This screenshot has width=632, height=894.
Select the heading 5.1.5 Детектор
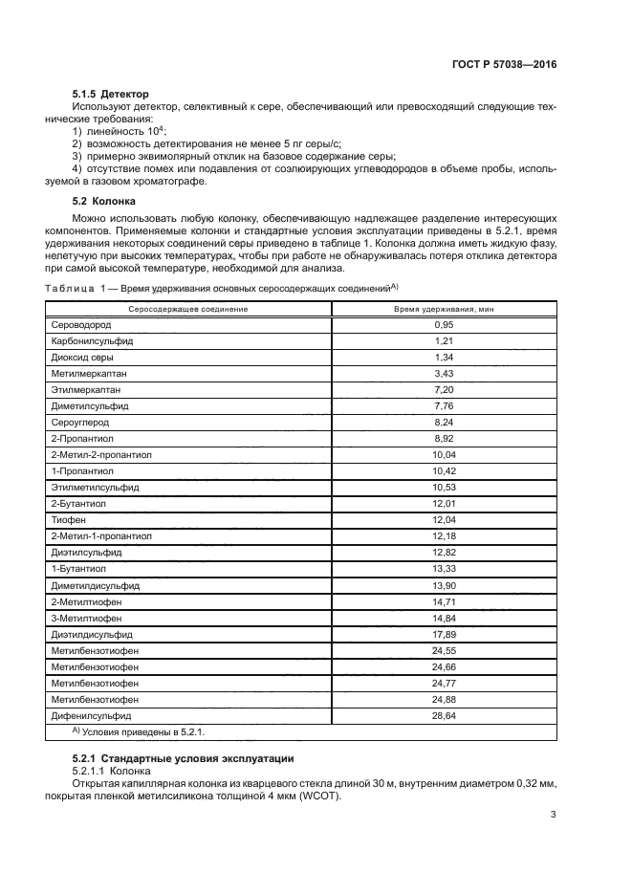[x=110, y=95]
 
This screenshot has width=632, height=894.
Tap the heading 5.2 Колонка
[x=105, y=202]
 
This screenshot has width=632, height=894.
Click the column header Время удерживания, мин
[x=444, y=309]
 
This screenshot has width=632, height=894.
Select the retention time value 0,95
[x=444, y=325]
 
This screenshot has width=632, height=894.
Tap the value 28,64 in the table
[x=444, y=714]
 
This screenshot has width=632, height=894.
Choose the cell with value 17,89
[x=444, y=633]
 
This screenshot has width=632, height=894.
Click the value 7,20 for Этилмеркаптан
[x=444, y=390]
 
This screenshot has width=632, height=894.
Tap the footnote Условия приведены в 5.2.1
[x=141, y=731]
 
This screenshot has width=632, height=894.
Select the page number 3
[x=554, y=815]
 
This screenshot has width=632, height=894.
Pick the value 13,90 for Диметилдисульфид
[x=444, y=584]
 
